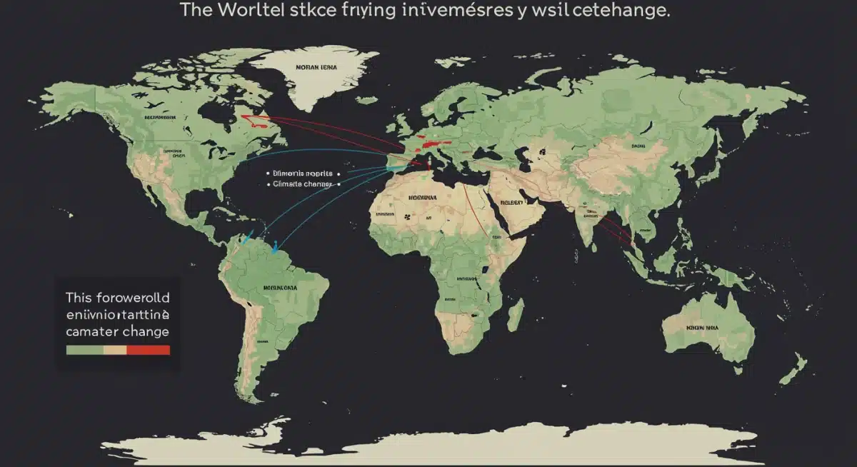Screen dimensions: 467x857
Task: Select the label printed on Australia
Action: [x=703, y=326]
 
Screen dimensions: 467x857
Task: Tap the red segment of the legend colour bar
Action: [x=148, y=350]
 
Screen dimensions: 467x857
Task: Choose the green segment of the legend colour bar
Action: [x=84, y=350]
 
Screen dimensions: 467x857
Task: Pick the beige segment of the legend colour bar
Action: [x=115, y=350]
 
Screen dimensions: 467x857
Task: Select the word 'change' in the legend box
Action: [x=144, y=331]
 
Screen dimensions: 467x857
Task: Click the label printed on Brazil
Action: [x=279, y=288]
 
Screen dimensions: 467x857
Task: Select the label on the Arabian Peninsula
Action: [x=511, y=201]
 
